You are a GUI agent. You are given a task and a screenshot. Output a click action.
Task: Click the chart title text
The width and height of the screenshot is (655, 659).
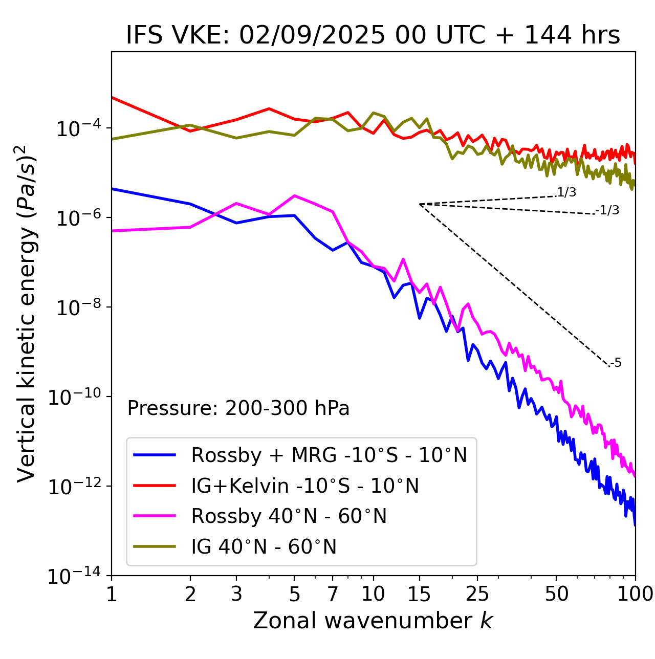[x=373, y=36]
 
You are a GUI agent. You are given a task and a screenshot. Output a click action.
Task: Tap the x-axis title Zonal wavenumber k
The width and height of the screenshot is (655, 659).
[x=373, y=621]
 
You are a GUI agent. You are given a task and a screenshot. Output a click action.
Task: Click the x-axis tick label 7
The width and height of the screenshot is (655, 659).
[x=333, y=594]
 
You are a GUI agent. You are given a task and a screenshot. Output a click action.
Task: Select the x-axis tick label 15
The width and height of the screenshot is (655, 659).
[x=419, y=594]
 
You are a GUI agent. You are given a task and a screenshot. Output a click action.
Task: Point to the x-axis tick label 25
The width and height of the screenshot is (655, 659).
[x=477, y=594]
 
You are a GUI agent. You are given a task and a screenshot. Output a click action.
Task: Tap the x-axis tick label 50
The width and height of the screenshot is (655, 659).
[x=556, y=594]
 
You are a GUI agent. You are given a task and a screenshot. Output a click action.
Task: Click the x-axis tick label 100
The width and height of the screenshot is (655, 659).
[x=635, y=594]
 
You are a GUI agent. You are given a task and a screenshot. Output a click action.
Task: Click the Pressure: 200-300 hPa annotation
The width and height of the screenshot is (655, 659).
[x=238, y=408]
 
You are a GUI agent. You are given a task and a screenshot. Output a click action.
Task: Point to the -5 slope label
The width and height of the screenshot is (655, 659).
[x=616, y=363]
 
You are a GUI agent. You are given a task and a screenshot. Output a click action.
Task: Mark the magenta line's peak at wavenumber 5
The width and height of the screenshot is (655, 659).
[x=294, y=195]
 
